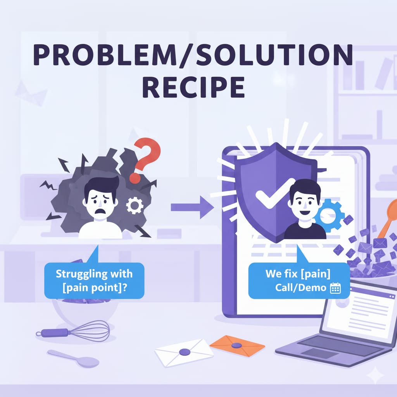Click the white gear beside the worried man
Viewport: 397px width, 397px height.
[x=135, y=205]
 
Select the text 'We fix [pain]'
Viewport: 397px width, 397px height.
[x=298, y=274]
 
